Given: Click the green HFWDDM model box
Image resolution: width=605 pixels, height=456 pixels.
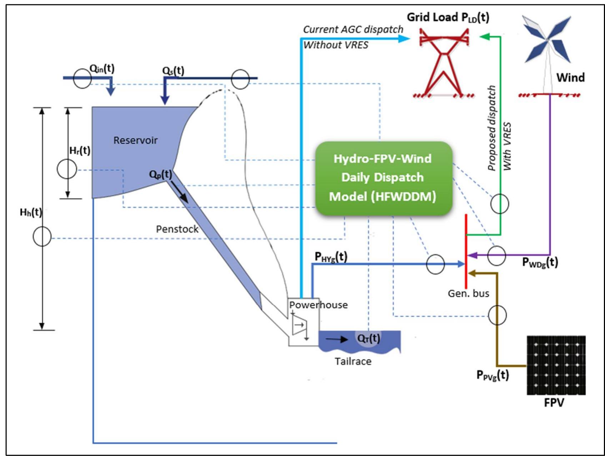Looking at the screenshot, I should [383, 178].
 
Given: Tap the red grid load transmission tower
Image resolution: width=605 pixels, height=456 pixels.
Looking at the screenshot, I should [444, 64].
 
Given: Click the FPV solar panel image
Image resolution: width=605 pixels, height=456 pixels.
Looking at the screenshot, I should [556, 365].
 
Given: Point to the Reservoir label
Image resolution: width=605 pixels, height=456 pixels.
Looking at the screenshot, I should [135, 140].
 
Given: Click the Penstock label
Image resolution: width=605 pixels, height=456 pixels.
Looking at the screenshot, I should [177, 229].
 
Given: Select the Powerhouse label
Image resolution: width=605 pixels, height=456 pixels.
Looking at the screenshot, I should [318, 305].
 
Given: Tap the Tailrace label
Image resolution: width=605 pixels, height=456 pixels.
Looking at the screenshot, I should [353, 361].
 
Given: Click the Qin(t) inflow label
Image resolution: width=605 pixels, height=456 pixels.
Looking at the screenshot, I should [102, 69].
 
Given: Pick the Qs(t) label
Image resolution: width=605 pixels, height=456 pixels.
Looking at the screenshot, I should [173, 70].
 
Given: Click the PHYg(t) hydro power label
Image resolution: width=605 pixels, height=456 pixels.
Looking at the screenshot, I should [331, 257].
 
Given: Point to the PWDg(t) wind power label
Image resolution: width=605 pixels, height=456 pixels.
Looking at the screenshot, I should [540, 262].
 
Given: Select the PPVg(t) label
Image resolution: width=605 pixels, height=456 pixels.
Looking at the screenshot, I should [492, 375].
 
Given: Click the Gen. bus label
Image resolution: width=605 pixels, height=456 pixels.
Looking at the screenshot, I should [468, 293].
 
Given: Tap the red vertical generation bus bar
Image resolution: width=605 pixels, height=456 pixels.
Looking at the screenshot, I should [466, 250].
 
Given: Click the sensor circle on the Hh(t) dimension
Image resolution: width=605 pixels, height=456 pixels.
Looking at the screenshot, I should [42, 236].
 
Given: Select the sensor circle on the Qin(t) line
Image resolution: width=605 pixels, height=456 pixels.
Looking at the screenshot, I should [82, 78].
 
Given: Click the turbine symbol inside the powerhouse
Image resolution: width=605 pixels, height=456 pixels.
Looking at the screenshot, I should [299, 325].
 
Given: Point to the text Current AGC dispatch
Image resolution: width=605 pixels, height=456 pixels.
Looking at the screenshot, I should [353, 29].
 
